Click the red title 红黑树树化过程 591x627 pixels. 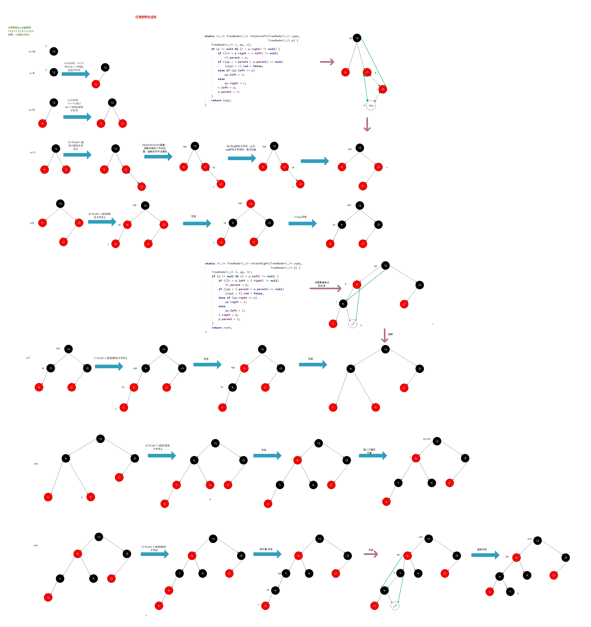[146, 17]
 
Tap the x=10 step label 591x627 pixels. [32, 52]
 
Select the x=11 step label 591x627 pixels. [32, 110]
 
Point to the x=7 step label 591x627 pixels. [28, 358]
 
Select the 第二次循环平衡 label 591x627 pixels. [369, 451]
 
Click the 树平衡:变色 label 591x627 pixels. [266, 549]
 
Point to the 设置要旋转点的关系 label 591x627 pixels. [322, 284]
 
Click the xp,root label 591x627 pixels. [426, 439]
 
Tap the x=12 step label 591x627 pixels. [33, 153]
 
